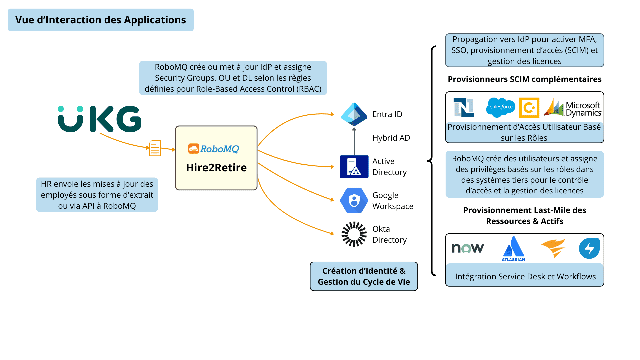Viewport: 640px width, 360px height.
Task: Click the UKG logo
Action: tap(99, 119)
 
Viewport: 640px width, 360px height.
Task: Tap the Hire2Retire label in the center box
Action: tap(216, 167)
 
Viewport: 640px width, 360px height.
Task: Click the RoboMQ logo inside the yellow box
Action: tap(214, 149)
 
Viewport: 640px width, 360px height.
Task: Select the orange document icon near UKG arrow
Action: tap(155, 148)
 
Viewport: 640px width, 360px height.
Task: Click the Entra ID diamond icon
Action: tap(354, 114)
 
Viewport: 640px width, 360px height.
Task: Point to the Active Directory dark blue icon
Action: tap(354, 167)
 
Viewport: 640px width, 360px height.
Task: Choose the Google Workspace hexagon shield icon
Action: tap(354, 200)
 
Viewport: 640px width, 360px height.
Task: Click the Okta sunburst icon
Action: tap(354, 234)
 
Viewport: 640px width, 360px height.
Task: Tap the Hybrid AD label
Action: tap(391, 138)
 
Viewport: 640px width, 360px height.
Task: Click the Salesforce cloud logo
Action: tap(501, 107)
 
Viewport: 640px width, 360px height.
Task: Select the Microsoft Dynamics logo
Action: tap(572, 108)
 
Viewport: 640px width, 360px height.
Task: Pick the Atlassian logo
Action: tap(513, 249)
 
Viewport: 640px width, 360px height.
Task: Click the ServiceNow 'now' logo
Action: tap(468, 248)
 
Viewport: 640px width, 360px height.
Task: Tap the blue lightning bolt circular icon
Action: tap(589, 248)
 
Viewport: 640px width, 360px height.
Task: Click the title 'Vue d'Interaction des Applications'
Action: tap(100, 20)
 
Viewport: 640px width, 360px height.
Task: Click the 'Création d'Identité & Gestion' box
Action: tap(364, 276)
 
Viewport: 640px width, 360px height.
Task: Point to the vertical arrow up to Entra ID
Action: tap(354, 141)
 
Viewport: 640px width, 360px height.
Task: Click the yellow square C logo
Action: tap(529, 108)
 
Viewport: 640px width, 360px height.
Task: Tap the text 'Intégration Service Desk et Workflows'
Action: tap(525, 276)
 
